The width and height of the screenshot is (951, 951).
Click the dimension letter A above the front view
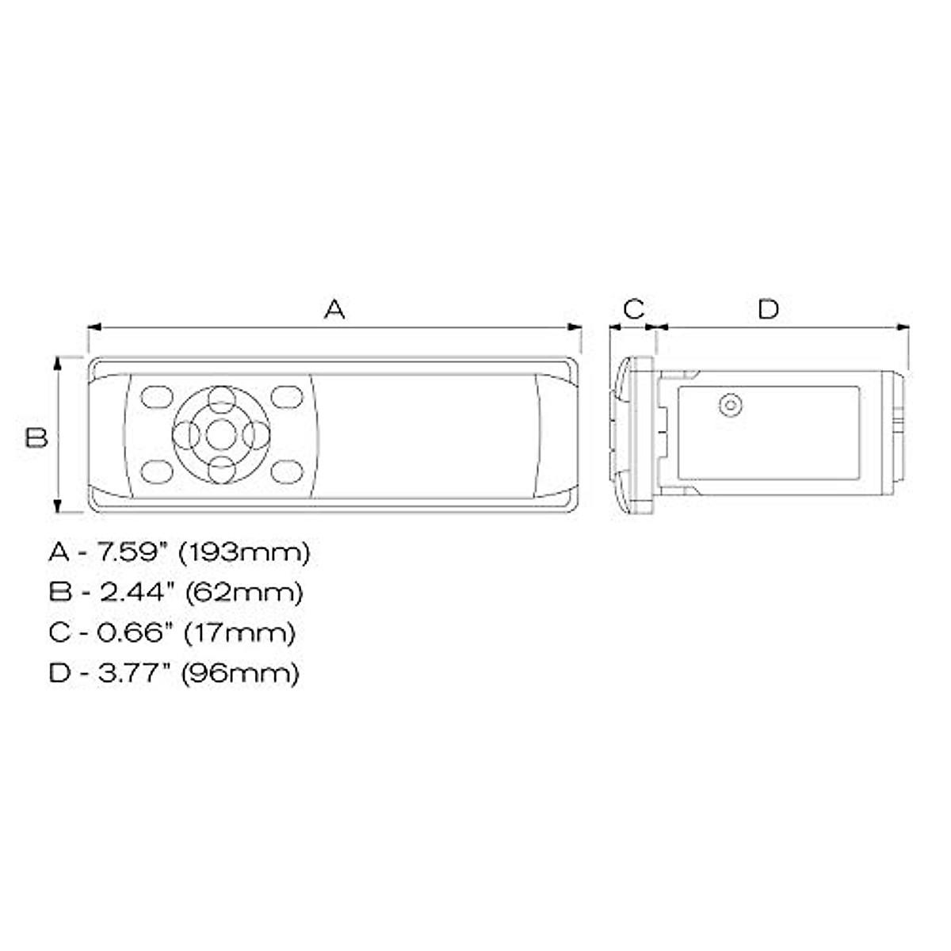(x=335, y=308)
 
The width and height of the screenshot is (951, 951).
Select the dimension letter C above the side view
(x=634, y=308)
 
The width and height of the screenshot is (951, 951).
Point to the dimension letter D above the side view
(x=769, y=308)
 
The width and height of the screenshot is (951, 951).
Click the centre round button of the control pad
(x=221, y=434)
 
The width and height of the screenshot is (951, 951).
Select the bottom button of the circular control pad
(x=221, y=468)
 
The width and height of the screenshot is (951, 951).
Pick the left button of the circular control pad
(x=186, y=434)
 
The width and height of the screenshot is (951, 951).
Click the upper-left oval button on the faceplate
(x=156, y=396)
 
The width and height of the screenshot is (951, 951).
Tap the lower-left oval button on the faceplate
(x=156, y=472)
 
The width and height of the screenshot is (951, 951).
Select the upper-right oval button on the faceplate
(x=287, y=396)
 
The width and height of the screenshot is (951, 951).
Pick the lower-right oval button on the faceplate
(x=287, y=472)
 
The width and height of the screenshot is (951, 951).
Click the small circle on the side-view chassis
(x=731, y=406)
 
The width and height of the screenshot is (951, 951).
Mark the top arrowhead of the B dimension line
(x=57, y=362)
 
